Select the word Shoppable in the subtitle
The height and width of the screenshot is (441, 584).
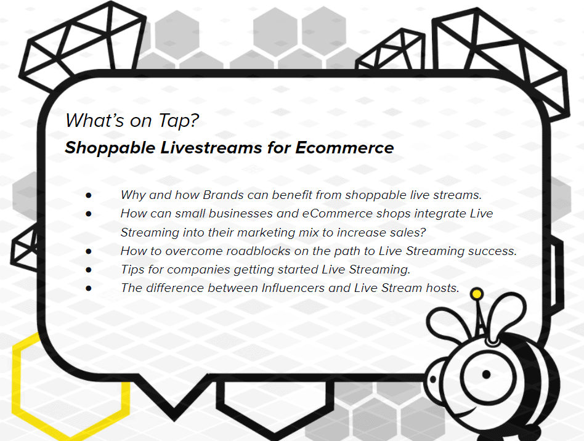110,148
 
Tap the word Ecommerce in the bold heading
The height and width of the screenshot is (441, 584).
344,147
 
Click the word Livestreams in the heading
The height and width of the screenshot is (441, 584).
211,147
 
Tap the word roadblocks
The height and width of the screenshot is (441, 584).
258,251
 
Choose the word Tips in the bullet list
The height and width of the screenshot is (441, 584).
132,270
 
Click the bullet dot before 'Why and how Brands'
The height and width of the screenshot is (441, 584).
89,195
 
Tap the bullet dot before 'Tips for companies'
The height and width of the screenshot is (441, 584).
89,270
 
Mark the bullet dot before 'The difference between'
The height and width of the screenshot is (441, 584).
89,288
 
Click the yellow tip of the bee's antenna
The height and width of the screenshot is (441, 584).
476,294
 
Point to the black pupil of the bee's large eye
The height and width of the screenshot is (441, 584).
486,374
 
